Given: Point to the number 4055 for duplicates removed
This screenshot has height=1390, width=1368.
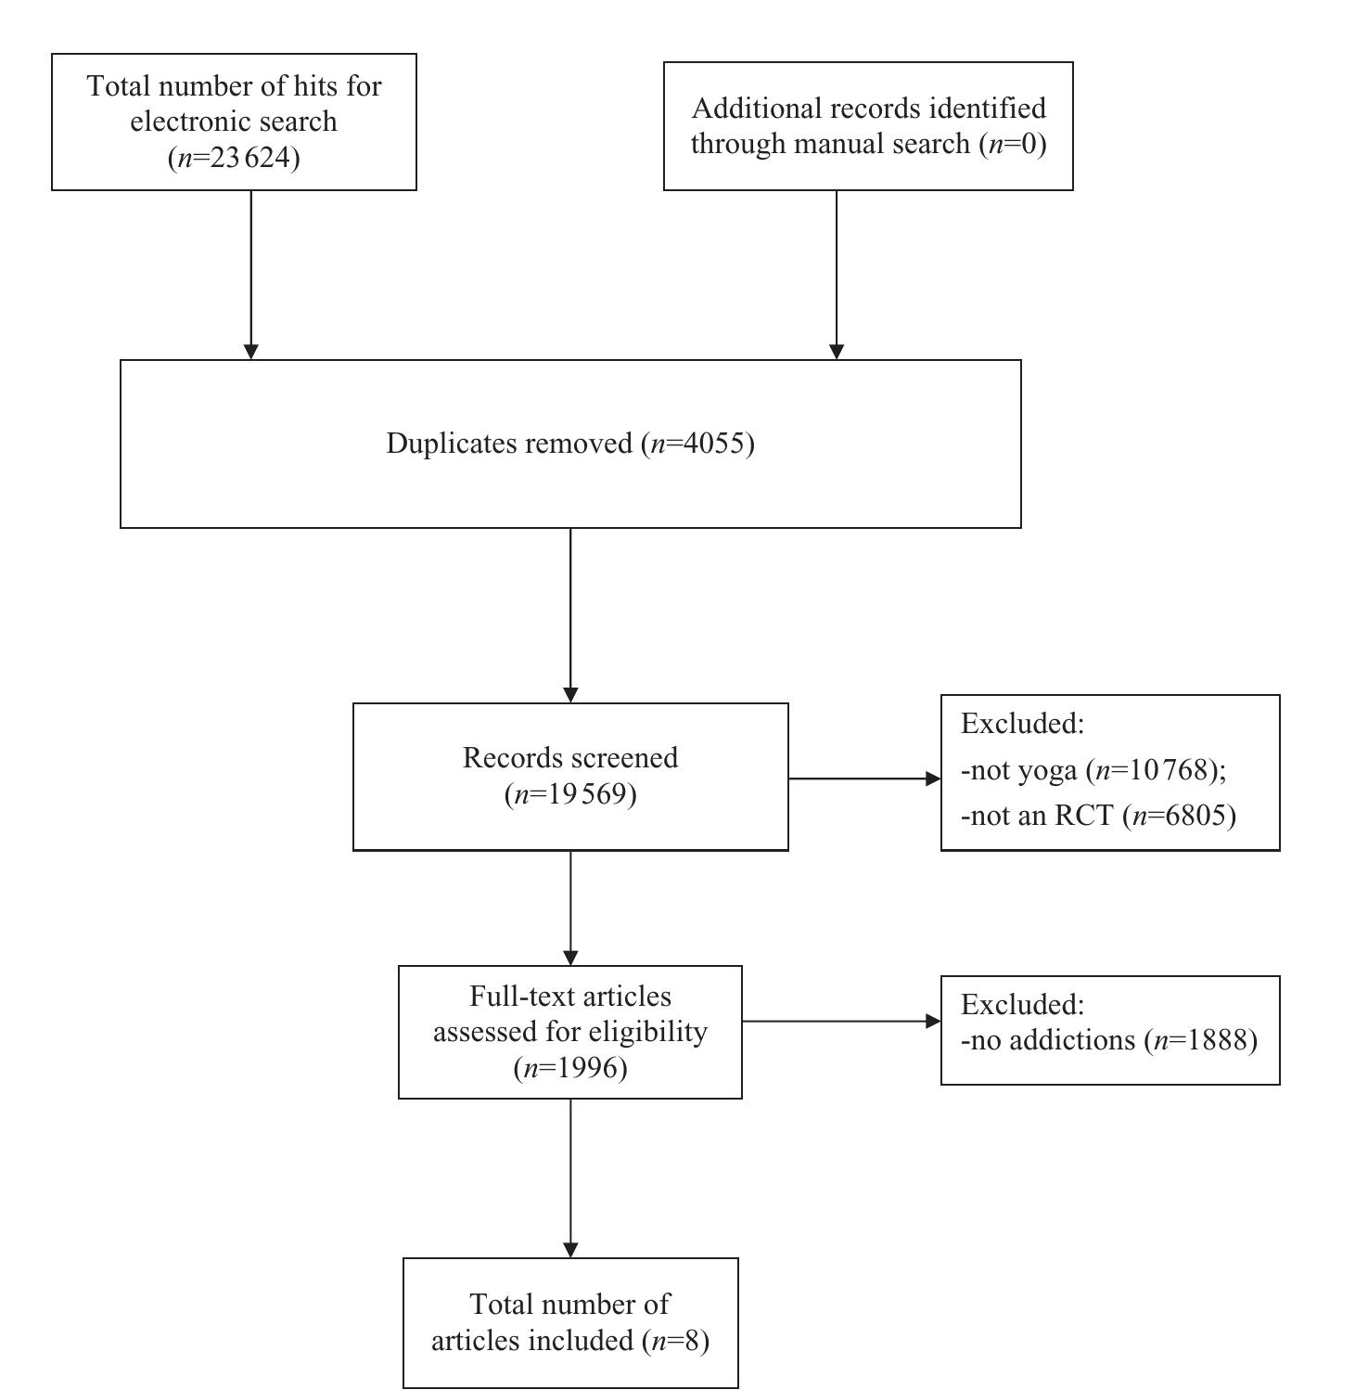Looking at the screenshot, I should pyautogui.click(x=713, y=444).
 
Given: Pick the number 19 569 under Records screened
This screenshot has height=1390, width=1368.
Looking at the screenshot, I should pyautogui.click(x=582, y=795).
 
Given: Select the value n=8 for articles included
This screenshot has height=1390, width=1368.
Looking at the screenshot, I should pyautogui.click(x=682, y=1341).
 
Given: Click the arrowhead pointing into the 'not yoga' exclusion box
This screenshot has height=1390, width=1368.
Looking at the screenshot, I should pyautogui.click(x=934, y=779).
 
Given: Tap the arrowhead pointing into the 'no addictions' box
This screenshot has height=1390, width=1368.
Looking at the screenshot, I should pyautogui.click(x=934, y=1021).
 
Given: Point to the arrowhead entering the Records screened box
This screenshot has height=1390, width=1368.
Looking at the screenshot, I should pyautogui.click(x=570, y=695).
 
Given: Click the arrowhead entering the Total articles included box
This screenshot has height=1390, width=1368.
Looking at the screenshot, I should pyautogui.click(x=570, y=1250).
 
